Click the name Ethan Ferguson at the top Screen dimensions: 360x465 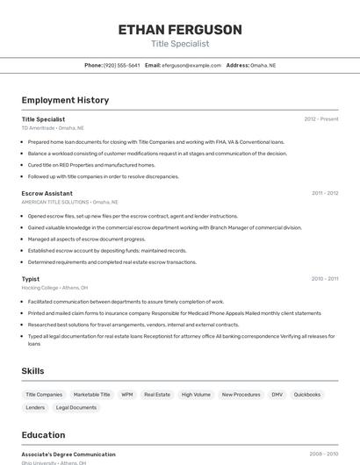click(180, 30)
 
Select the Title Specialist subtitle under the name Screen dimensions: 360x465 click(180, 44)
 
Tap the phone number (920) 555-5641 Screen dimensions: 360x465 click(121, 65)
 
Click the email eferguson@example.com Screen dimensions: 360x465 click(191, 65)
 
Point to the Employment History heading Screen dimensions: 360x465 click(65, 100)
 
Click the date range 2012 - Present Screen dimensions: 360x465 click(320, 118)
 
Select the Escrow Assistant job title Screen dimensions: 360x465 click(47, 193)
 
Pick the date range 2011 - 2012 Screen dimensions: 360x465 click(324, 193)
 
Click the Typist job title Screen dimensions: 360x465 click(31, 279)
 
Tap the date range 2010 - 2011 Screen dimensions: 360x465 click(324, 279)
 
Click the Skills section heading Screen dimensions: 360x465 click(32, 371)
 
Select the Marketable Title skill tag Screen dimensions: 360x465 click(92, 395)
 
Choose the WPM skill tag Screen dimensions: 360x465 click(127, 395)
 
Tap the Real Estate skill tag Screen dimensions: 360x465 click(157, 395)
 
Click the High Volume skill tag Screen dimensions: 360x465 click(196, 395)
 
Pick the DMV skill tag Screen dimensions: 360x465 click(277, 395)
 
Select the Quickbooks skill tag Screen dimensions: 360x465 click(307, 395)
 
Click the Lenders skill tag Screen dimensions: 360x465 click(35, 407)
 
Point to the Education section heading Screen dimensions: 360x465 click(43, 435)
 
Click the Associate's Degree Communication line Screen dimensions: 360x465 click(68, 454)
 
